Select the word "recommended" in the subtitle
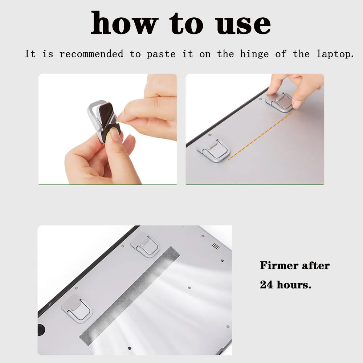tap(91, 54)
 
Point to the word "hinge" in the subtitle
tap(254, 54)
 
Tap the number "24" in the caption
tap(267, 285)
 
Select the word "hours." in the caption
tap(294, 285)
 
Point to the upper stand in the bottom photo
tap(145, 245)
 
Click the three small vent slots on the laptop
tap(216, 246)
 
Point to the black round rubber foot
tap(41, 329)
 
